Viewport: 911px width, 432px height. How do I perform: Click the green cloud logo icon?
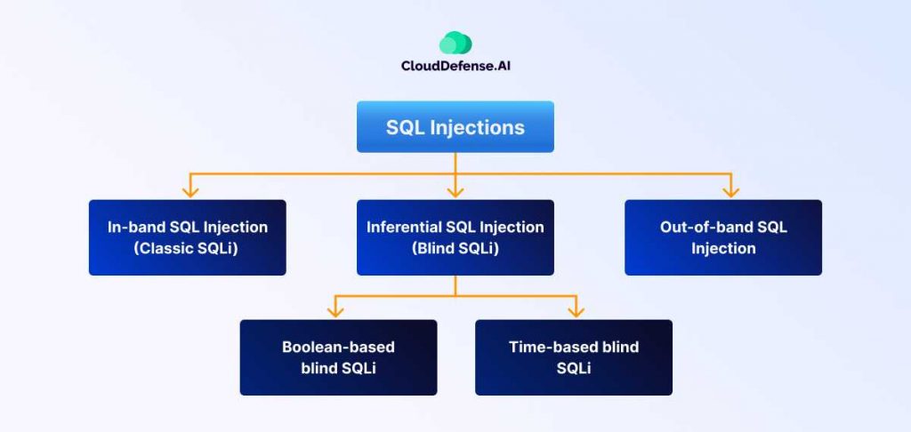455,43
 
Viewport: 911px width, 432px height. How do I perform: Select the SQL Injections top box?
455,126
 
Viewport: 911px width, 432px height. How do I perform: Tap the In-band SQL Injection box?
188,237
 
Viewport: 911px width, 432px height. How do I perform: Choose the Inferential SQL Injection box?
455,237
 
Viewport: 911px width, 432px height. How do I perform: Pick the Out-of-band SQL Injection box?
723,237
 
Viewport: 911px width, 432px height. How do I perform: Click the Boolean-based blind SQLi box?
338,357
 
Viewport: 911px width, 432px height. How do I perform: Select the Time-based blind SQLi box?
574,357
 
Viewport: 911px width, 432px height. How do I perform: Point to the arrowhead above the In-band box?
188,190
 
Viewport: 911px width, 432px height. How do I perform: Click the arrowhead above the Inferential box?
455,190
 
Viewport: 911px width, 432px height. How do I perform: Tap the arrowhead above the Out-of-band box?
730,190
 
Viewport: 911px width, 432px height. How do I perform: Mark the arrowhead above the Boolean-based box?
335,310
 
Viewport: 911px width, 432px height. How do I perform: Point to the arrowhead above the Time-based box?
576,310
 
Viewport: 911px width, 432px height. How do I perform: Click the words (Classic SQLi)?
188,249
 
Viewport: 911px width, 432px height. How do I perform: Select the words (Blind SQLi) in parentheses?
455,249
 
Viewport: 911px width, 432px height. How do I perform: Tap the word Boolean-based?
338,347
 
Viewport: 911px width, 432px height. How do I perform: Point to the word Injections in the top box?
478,127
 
